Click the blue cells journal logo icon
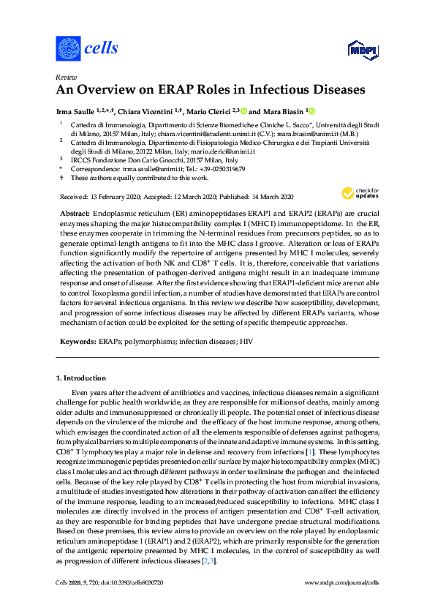(68, 48)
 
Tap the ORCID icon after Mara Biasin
(311, 111)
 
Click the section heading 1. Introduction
(81, 378)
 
